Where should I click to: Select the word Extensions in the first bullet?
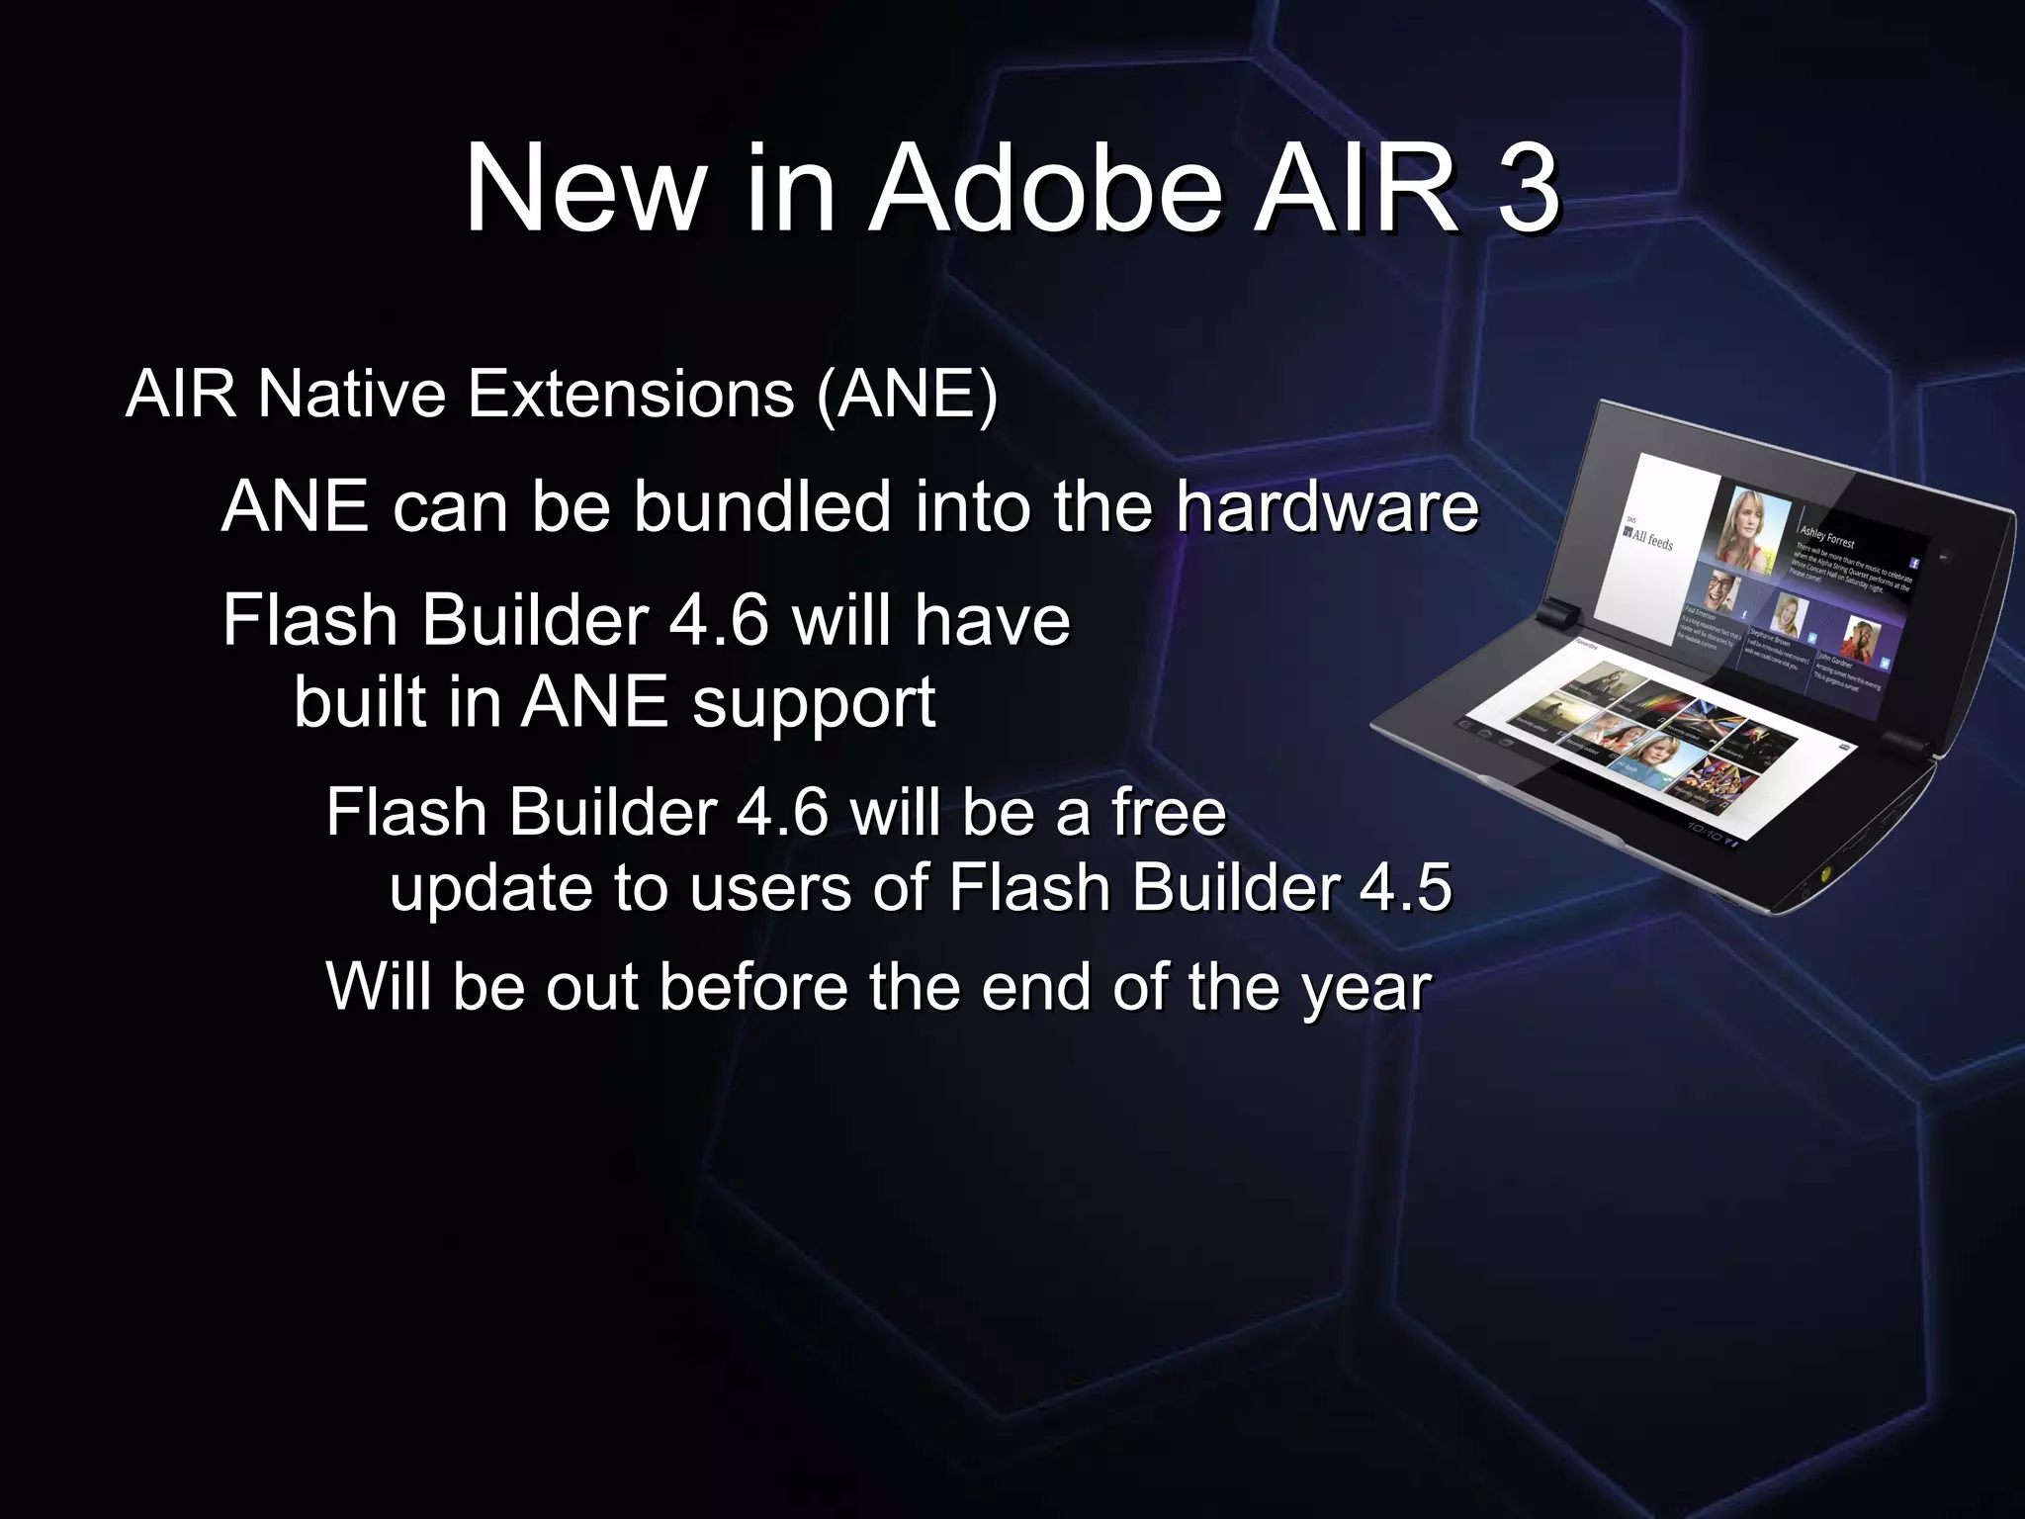pyautogui.click(x=631, y=394)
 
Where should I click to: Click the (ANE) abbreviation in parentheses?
pyautogui.click(x=907, y=394)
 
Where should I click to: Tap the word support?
pyautogui.click(x=813, y=704)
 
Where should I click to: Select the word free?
pyautogui.click(x=1169, y=813)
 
